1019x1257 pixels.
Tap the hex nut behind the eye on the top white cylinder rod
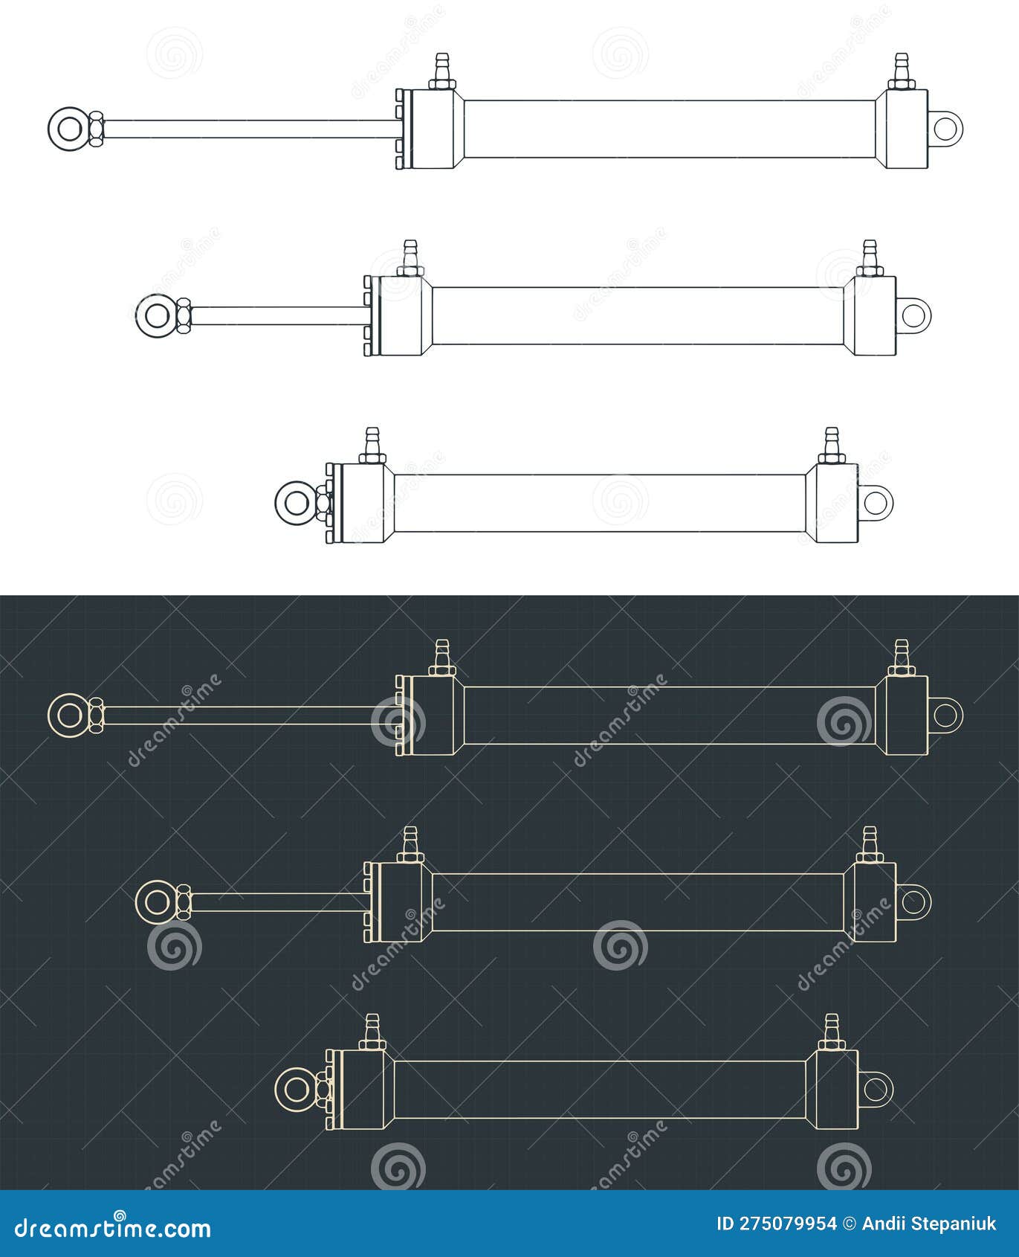pos(96,128)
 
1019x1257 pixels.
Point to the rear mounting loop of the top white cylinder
pos(947,128)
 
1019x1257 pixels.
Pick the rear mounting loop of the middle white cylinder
pos(916,315)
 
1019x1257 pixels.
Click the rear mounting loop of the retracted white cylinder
pos(877,502)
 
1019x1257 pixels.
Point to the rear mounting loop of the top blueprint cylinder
pos(947,714)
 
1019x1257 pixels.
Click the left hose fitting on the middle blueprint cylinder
pos(410,845)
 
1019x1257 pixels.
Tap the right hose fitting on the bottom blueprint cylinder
pos(831,1032)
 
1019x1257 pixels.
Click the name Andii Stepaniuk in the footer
pos(928,1224)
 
